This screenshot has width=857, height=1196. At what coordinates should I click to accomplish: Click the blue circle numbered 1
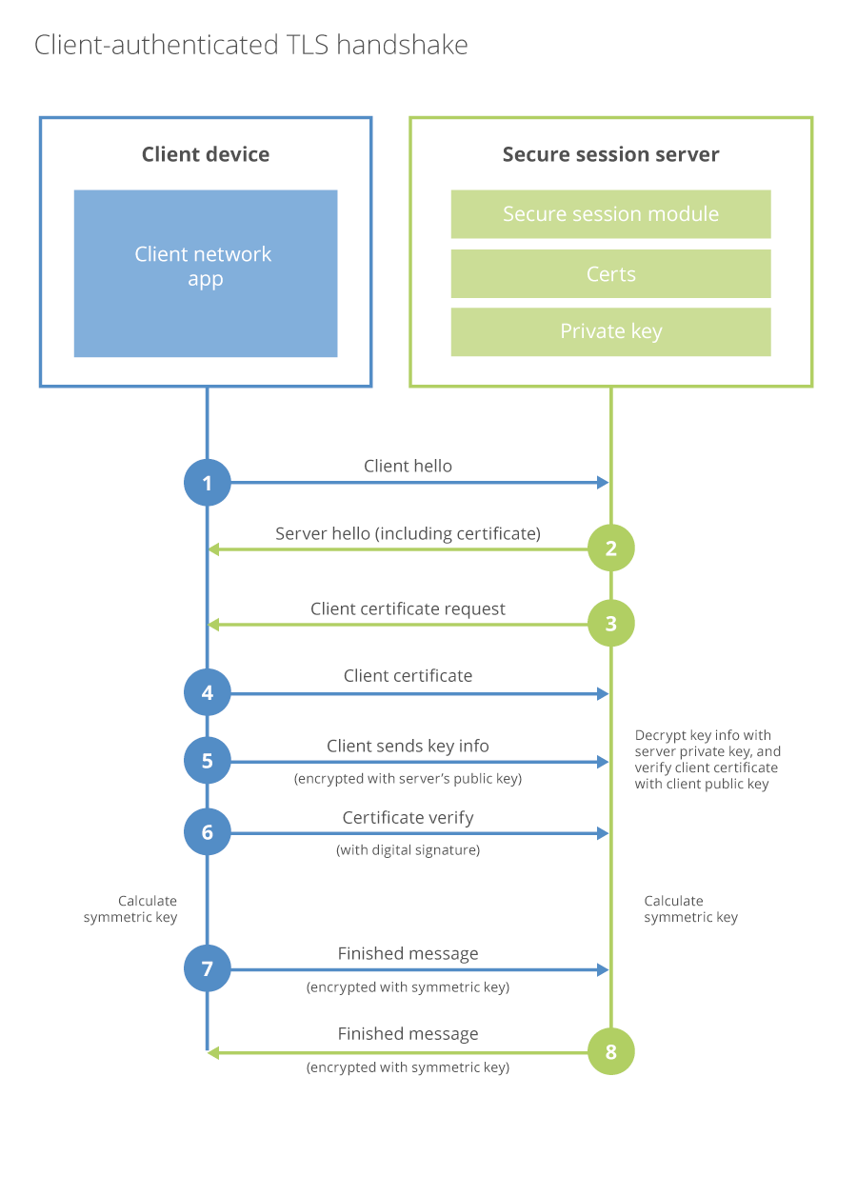click(x=208, y=483)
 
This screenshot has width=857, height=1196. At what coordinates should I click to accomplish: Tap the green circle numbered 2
click(x=610, y=548)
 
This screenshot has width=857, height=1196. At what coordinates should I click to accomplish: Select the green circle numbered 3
click(x=610, y=624)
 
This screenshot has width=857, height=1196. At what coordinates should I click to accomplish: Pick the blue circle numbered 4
click(x=208, y=694)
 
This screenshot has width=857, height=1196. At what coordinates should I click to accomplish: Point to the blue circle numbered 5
click(x=208, y=761)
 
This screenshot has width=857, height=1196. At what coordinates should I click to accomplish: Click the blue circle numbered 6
click(x=208, y=832)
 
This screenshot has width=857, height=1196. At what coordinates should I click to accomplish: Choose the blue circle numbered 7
click(x=208, y=969)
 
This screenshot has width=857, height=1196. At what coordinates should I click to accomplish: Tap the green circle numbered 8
click(x=610, y=1052)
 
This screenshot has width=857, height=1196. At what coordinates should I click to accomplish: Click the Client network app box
click(x=206, y=273)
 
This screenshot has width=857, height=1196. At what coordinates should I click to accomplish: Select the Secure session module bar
click(x=610, y=214)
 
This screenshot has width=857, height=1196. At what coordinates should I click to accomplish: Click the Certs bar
click(x=610, y=274)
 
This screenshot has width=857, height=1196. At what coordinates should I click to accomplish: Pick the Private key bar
click(x=610, y=331)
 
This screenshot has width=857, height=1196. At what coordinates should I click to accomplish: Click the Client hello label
click(x=408, y=466)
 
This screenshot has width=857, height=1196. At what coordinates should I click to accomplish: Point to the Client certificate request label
click(x=408, y=608)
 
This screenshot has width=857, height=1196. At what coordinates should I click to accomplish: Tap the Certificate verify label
click(x=408, y=818)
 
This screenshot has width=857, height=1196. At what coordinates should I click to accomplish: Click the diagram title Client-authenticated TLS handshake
click(x=251, y=45)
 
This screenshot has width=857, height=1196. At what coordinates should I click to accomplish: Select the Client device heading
click(x=206, y=154)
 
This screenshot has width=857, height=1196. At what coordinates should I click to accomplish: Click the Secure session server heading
click(x=610, y=154)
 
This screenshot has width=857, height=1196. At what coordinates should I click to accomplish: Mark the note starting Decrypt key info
click(x=707, y=760)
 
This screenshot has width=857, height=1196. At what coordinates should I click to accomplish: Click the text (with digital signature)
click(x=408, y=850)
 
